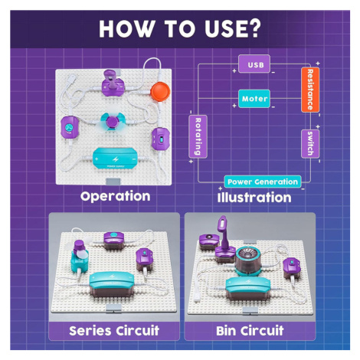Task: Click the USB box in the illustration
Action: [x=254, y=64]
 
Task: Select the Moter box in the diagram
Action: [x=254, y=99]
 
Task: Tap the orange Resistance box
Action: [x=310, y=90]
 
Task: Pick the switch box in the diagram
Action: [x=310, y=144]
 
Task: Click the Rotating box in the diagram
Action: [x=198, y=136]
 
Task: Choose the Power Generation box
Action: [x=263, y=182]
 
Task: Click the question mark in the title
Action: [x=253, y=28]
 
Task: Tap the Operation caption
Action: [x=116, y=197]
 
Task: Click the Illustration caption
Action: [x=254, y=198]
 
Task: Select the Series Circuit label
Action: [x=114, y=331]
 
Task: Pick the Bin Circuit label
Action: [x=250, y=331]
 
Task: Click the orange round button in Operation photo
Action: [x=160, y=90]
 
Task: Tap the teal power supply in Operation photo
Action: [x=115, y=159]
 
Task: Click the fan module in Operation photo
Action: [x=112, y=122]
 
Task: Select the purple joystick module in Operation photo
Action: [x=113, y=83]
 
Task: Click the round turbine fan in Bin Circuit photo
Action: [x=247, y=260]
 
